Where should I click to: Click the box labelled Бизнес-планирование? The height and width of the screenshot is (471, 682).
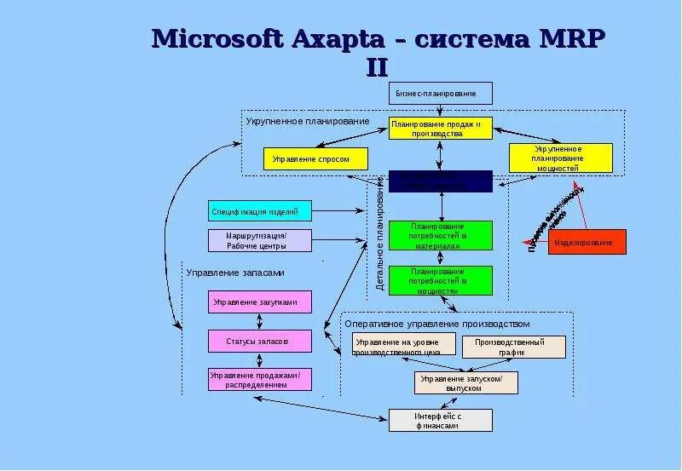click(x=441, y=93)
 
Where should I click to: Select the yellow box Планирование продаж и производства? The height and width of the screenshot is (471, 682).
click(x=441, y=128)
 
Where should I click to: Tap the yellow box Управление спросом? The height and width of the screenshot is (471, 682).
click(x=315, y=158)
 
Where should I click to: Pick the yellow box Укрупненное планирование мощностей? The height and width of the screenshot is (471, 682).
click(x=560, y=158)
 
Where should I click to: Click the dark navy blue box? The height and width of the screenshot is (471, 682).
click(x=441, y=181)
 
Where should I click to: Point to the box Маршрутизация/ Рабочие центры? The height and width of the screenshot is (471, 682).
click(x=259, y=240)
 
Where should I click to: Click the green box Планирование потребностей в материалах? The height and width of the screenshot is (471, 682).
click(x=441, y=236)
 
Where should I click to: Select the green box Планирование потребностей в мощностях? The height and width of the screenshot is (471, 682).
click(x=441, y=281)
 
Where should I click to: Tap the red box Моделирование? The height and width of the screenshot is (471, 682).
click(x=582, y=242)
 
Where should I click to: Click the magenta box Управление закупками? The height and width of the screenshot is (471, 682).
click(x=259, y=302)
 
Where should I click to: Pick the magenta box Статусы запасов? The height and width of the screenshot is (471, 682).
click(x=259, y=341)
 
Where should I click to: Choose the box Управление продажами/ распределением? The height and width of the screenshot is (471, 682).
click(x=259, y=380)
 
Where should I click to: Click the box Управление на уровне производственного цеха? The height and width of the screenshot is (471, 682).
click(x=399, y=346)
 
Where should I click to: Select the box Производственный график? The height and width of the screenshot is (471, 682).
click(x=514, y=347)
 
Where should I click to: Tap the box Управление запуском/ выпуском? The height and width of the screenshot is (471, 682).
click(x=466, y=382)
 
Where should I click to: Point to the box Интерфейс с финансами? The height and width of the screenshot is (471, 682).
click(x=441, y=420)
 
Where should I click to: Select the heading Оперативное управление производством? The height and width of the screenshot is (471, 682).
click(x=436, y=324)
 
